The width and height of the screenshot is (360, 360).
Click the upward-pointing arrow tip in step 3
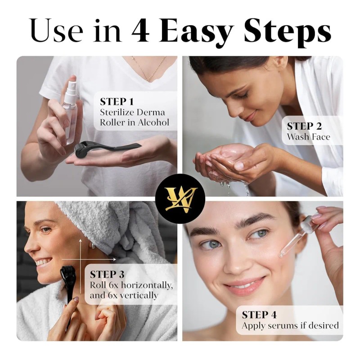tap(81, 240)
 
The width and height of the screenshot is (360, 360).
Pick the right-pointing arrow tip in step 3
tap(115, 259)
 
